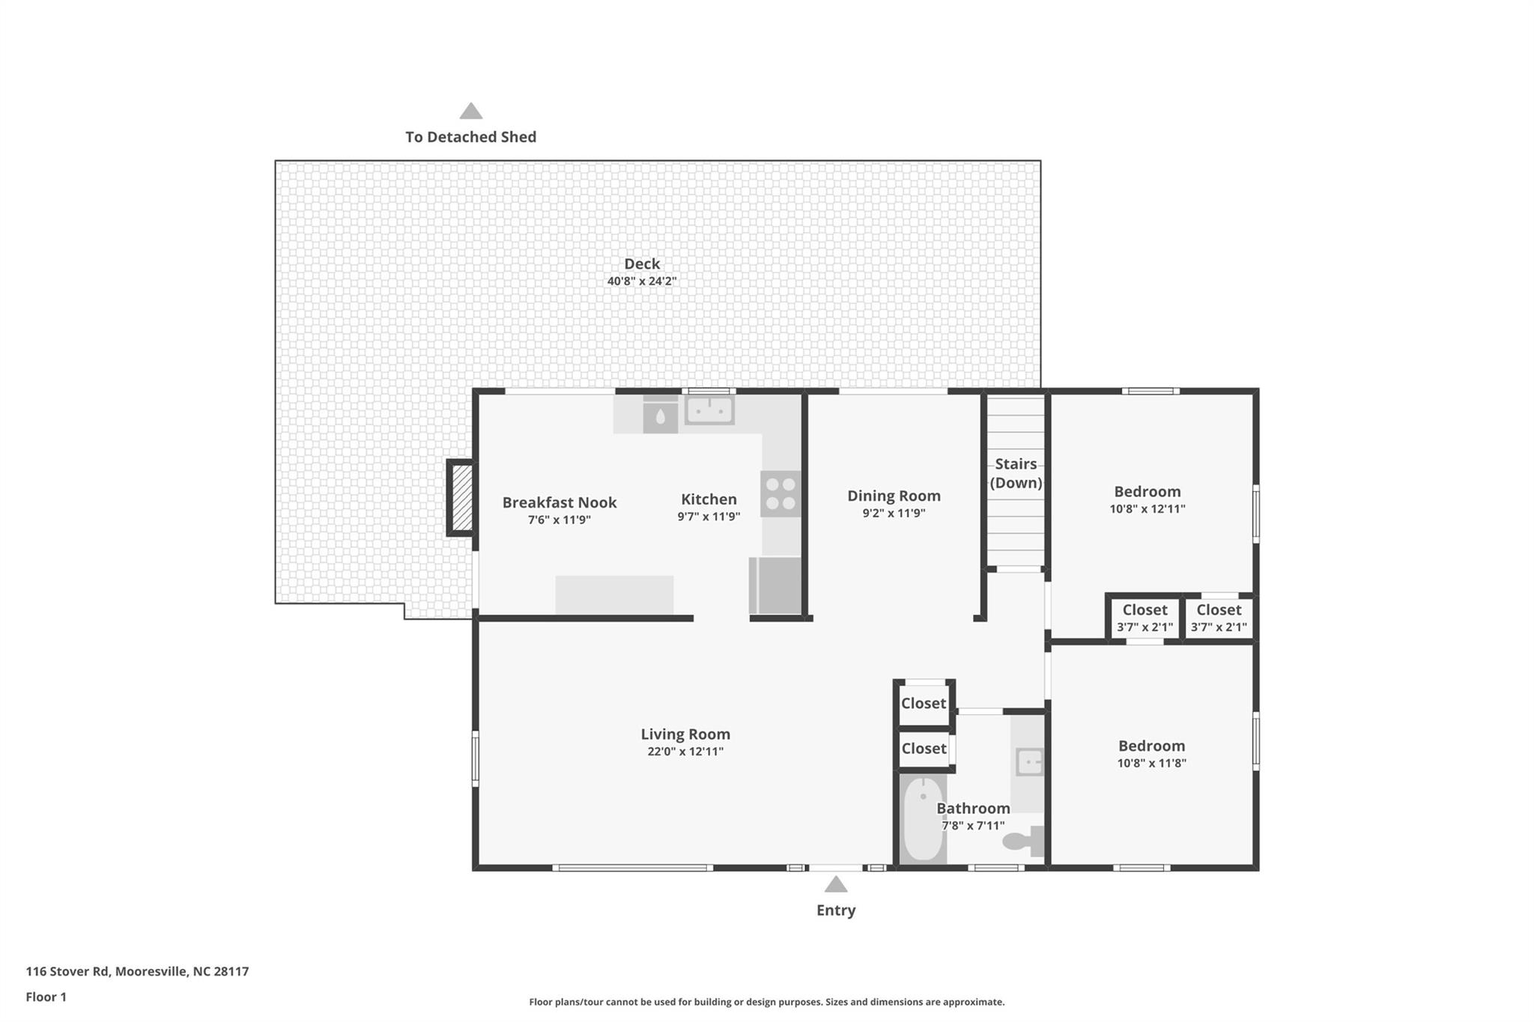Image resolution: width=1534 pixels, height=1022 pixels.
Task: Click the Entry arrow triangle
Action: pos(836,885)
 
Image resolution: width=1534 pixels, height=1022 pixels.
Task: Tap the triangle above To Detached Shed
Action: pos(470,112)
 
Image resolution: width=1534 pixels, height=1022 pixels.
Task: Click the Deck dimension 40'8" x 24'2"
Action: pos(641,282)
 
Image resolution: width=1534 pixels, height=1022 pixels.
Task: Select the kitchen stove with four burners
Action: pos(780,493)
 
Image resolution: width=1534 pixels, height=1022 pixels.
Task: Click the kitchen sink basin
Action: pos(709,410)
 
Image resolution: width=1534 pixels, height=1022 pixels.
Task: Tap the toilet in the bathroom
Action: pos(1023,841)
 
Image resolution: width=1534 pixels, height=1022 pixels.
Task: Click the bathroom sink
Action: pos(1029,762)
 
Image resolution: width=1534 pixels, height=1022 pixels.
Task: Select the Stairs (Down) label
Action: pos(1016,473)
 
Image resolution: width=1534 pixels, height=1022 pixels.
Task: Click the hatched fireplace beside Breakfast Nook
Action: pos(461,498)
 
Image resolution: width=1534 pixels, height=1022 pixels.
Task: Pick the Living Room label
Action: pos(685,734)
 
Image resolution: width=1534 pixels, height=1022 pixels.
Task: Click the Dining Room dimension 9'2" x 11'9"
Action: pos(894,514)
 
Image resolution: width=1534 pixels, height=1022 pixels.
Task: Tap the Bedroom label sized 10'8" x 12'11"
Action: pos(1147,492)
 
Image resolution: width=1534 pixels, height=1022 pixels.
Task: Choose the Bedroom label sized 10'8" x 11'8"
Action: pos(1151,746)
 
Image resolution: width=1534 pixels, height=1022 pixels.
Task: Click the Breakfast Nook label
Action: pos(559,502)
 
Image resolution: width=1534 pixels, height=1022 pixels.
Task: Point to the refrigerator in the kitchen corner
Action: pos(775,585)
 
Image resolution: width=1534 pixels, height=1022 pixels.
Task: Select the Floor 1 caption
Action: pos(46,997)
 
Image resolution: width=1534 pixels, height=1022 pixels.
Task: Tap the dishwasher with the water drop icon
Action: pos(660,416)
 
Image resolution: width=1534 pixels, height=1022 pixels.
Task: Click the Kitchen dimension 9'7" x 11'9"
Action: pos(709,517)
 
